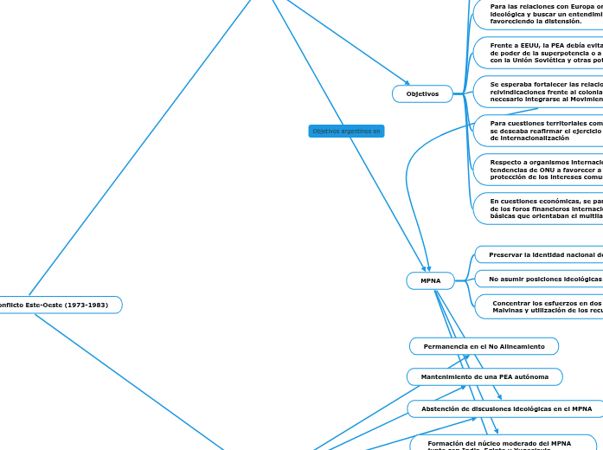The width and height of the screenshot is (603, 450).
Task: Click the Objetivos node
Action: pyautogui.click(x=422, y=93)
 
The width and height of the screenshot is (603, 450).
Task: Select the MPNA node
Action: pyautogui.click(x=430, y=280)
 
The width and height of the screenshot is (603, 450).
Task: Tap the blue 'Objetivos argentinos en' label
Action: pyautogui.click(x=346, y=131)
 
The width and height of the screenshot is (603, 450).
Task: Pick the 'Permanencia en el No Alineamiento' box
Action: pyautogui.click(x=484, y=346)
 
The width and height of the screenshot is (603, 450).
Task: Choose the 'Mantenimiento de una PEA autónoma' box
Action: pyautogui.click(x=484, y=377)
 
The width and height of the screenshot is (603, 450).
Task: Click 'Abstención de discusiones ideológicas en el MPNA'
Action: pyautogui.click(x=506, y=408)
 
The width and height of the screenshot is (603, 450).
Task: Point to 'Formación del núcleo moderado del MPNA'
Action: pyautogui.click(x=499, y=443)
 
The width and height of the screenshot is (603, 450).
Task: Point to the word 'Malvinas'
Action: pyautogui.click(x=510, y=310)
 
